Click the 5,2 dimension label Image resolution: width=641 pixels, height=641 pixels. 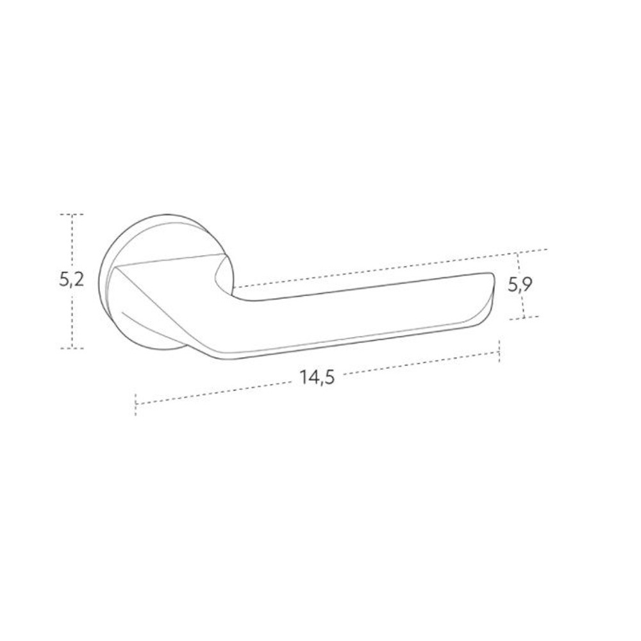[x=72, y=280]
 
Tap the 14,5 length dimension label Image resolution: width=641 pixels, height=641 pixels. [x=317, y=377]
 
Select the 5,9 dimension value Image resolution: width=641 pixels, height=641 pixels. [x=520, y=285]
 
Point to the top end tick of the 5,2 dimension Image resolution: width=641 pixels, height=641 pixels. [x=72, y=214]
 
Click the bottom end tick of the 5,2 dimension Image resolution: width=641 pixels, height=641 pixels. [x=72, y=348]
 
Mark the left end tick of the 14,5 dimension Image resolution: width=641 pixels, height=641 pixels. [x=135, y=404]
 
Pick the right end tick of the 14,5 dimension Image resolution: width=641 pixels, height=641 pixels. [x=499, y=351]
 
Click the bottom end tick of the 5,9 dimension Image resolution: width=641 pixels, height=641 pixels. [x=524, y=318]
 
